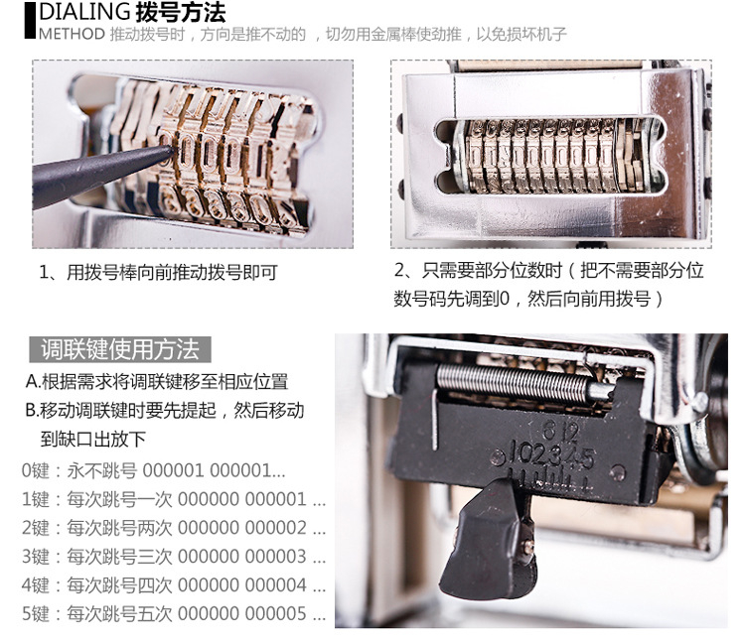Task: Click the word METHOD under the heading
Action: click(x=72, y=34)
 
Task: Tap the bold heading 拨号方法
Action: click(x=181, y=12)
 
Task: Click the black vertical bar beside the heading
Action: click(x=30, y=21)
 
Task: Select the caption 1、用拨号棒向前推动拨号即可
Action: click(x=158, y=273)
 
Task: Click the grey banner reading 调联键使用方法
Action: click(x=120, y=349)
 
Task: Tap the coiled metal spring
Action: click(x=515, y=383)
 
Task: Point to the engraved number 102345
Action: click(x=551, y=454)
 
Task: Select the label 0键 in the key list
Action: click(x=36, y=470)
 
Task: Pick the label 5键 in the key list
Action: click(x=36, y=613)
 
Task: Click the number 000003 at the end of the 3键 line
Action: click(x=276, y=557)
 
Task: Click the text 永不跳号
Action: click(x=101, y=470)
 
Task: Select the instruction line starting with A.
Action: click(x=157, y=381)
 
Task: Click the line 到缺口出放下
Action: click(x=93, y=439)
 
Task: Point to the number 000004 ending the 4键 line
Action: click(x=276, y=585)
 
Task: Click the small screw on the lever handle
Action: click(x=527, y=547)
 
